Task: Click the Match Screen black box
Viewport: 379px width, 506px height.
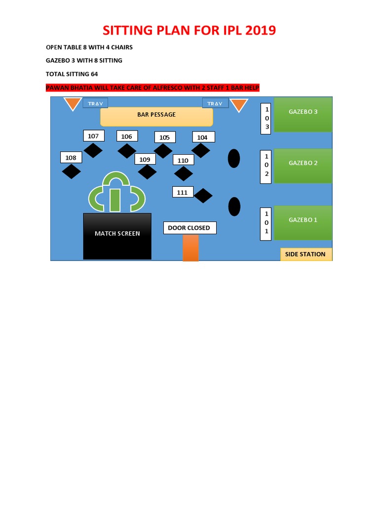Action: tap(117, 236)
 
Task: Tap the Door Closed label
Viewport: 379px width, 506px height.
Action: tap(189, 228)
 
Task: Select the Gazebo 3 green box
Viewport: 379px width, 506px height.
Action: tap(303, 115)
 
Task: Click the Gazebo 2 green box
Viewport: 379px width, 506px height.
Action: tap(303, 166)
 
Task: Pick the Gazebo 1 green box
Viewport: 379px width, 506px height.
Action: tap(303, 222)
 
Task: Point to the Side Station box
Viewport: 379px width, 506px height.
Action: tap(306, 254)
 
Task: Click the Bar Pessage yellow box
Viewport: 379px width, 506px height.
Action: tap(156, 117)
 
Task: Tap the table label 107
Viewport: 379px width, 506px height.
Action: tap(93, 136)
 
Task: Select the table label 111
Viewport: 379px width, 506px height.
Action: tap(183, 192)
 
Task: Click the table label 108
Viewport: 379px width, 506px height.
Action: tap(71, 158)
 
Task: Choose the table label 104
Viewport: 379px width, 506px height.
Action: tap(203, 137)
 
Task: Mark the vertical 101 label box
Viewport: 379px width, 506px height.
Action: tap(266, 224)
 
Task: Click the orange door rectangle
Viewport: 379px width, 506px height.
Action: tap(190, 248)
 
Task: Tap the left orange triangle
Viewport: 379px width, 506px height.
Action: tap(73, 103)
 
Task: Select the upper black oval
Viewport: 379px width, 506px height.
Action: tap(234, 158)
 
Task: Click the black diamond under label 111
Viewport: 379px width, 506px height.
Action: tap(203, 196)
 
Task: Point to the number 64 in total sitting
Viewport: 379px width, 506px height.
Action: tap(94, 74)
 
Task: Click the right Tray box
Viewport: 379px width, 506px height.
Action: tap(215, 103)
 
